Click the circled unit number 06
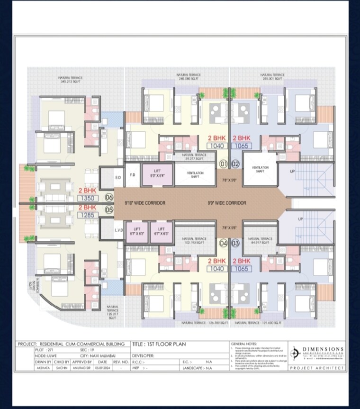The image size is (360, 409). click(109, 197)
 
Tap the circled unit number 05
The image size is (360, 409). click(109, 209)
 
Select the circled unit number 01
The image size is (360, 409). click(224, 164)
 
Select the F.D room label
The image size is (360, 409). click(133, 175)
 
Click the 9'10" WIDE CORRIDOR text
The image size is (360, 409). click(138, 203)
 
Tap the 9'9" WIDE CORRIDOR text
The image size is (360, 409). click(227, 203)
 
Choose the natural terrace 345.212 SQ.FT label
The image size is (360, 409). click(71, 79)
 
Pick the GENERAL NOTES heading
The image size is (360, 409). click(244, 343)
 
